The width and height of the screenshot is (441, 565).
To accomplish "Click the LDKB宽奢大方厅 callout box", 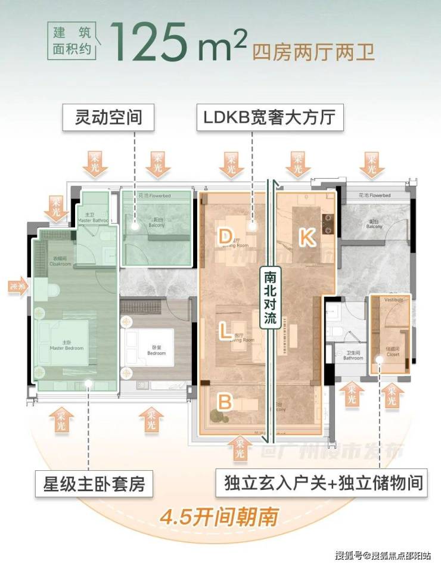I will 271,117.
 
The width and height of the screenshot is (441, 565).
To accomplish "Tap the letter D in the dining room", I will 225,237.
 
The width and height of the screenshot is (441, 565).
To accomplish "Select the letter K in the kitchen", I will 306,237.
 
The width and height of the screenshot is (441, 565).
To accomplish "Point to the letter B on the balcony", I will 225,402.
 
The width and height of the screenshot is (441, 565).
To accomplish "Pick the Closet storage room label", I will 392,352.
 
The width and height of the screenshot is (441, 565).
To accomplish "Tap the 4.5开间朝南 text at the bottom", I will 220,514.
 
